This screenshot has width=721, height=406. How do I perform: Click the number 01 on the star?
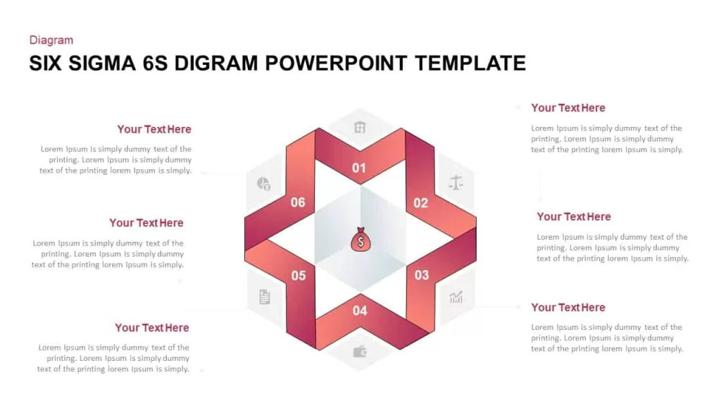pyautogui.click(x=359, y=168)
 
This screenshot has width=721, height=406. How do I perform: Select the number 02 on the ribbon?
pyautogui.click(x=421, y=203)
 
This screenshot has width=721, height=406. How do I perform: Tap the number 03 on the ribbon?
pyautogui.click(x=422, y=275)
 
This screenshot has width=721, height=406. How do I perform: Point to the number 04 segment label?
pyautogui.click(x=360, y=311)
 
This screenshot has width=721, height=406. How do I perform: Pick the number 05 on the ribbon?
pyautogui.click(x=299, y=276)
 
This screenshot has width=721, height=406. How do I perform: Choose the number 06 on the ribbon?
pyautogui.click(x=298, y=202)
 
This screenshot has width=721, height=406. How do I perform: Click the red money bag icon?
pyautogui.click(x=360, y=240)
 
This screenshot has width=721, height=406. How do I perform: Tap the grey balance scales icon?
pyautogui.click(x=456, y=183)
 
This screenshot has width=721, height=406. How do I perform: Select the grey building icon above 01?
pyautogui.click(x=360, y=127)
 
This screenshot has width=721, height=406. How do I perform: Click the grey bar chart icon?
pyautogui.click(x=456, y=297)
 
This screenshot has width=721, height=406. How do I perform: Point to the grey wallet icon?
pyautogui.click(x=360, y=352)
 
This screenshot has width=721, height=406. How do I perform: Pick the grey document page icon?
pyautogui.click(x=265, y=297)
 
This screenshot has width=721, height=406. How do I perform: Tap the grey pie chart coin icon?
pyautogui.click(x=263, y=184)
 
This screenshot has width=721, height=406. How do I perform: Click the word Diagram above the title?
pyautogui.click(x=51, y=40)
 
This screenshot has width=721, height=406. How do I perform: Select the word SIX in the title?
pyautogui.click(x=46, y=63)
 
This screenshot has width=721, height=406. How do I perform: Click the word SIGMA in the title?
pyautogui.click(x=102, y=63)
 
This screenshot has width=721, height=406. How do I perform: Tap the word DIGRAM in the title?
pyautogui.click(x=216, y=63)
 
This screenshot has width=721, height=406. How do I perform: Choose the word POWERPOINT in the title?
pyautogui.click(x=336, y=63)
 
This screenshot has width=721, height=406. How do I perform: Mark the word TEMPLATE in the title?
pyautogui.click(x=470, y=63)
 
